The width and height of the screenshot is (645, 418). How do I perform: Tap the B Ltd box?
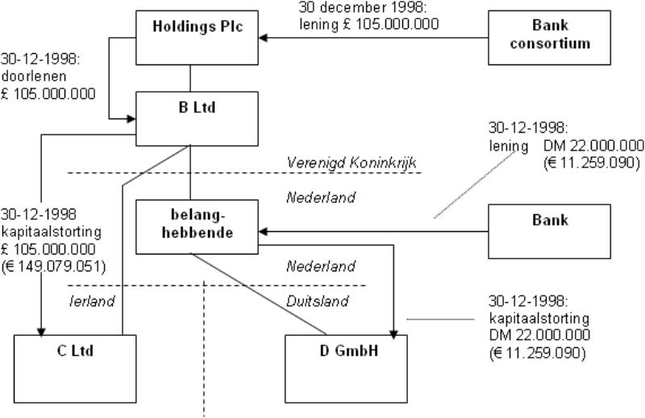pyautogui.click(x=197, y=118)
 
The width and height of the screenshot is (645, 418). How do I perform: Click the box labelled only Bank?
pyautogui.click(x=550, y=231)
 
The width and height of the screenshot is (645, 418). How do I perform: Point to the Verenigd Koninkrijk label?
pyautogui.click(x=351, y=163)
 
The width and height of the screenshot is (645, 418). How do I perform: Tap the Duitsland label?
pyautogui.click(x=318, y=301)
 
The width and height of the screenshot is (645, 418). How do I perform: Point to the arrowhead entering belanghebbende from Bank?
pyautogui.click(x=263, y=232)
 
